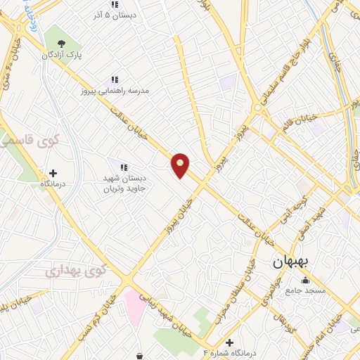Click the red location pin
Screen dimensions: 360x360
pyautogui.click(x=181, y=165)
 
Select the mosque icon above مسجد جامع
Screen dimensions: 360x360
pyautogui.click(x=305, y=281)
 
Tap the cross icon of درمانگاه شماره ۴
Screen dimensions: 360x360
pyautogui.click(x=230, y=342)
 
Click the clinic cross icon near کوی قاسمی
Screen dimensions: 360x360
pyautogui.click(x=53, y=172)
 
